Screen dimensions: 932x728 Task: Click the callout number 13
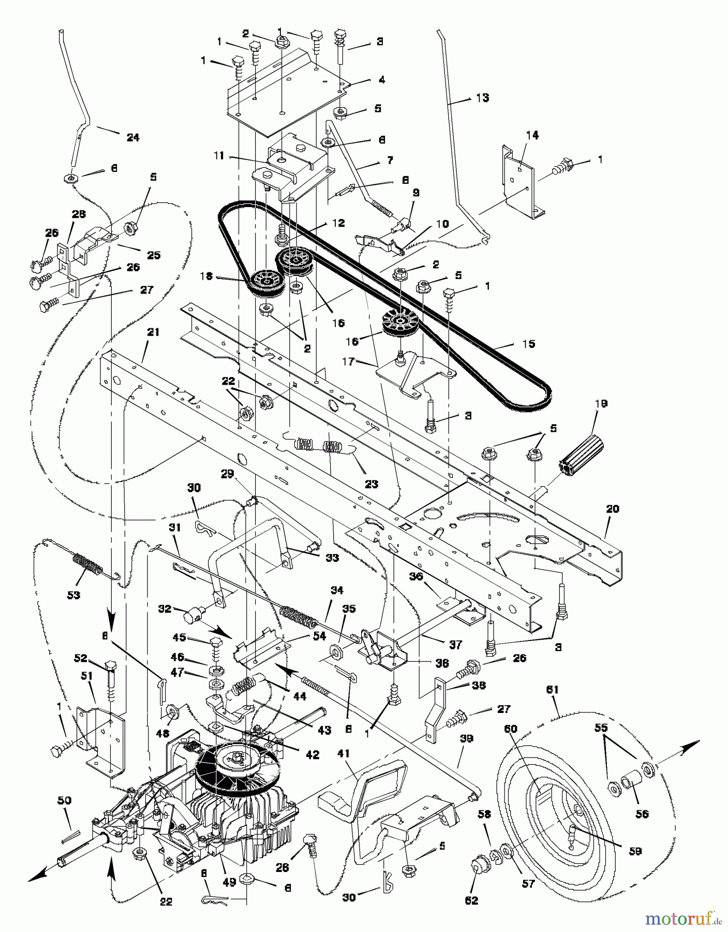click(x=482, y=98)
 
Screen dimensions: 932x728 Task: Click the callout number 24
click(x=133, y=137)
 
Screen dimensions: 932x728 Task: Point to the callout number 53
click(x=74, y=595)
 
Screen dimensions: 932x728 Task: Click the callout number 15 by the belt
click(x=528, y=344)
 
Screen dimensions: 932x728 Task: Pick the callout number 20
click(x=613, y=509)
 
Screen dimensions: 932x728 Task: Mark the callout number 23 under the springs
click(x=372, y=484)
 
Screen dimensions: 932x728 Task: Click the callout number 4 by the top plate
click(x=382, y=80)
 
